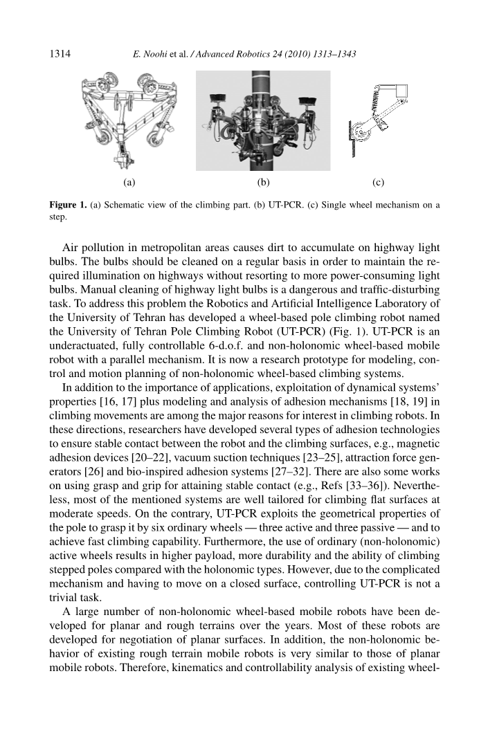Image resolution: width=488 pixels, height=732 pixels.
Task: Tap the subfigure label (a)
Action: point(128,183)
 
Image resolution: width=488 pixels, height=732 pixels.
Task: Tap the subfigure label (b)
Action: point(262,183)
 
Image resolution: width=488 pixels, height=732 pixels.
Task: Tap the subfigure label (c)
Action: point(378,183)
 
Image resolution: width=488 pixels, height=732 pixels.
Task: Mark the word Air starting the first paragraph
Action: point(71,249)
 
